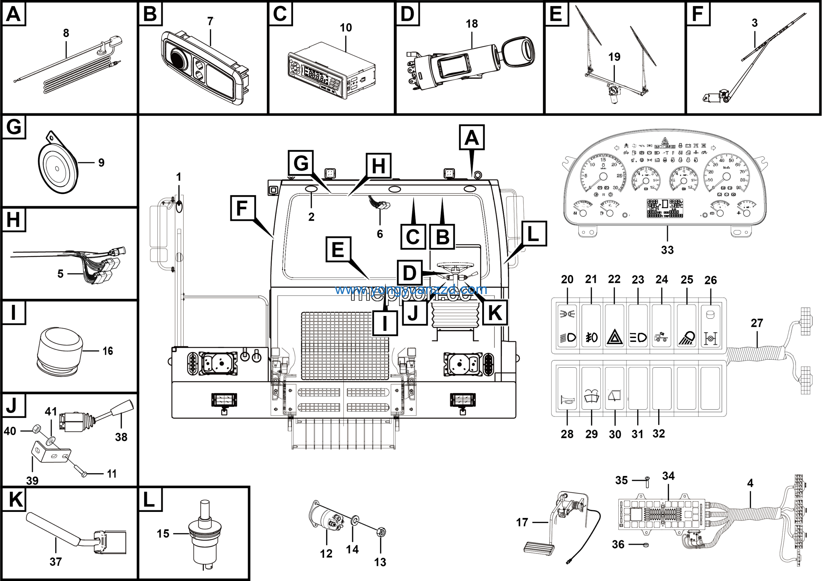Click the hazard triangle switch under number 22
tap(614, 337)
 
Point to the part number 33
tap(667, 250)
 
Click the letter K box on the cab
tap(495, 313)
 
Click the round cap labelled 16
tap(60, 351)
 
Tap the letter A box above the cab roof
tap(471, 138)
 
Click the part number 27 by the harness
tap(757, 323)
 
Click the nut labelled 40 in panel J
tap(35, 428)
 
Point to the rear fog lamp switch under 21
tap(591, 337)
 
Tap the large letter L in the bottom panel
tap(149, 499)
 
